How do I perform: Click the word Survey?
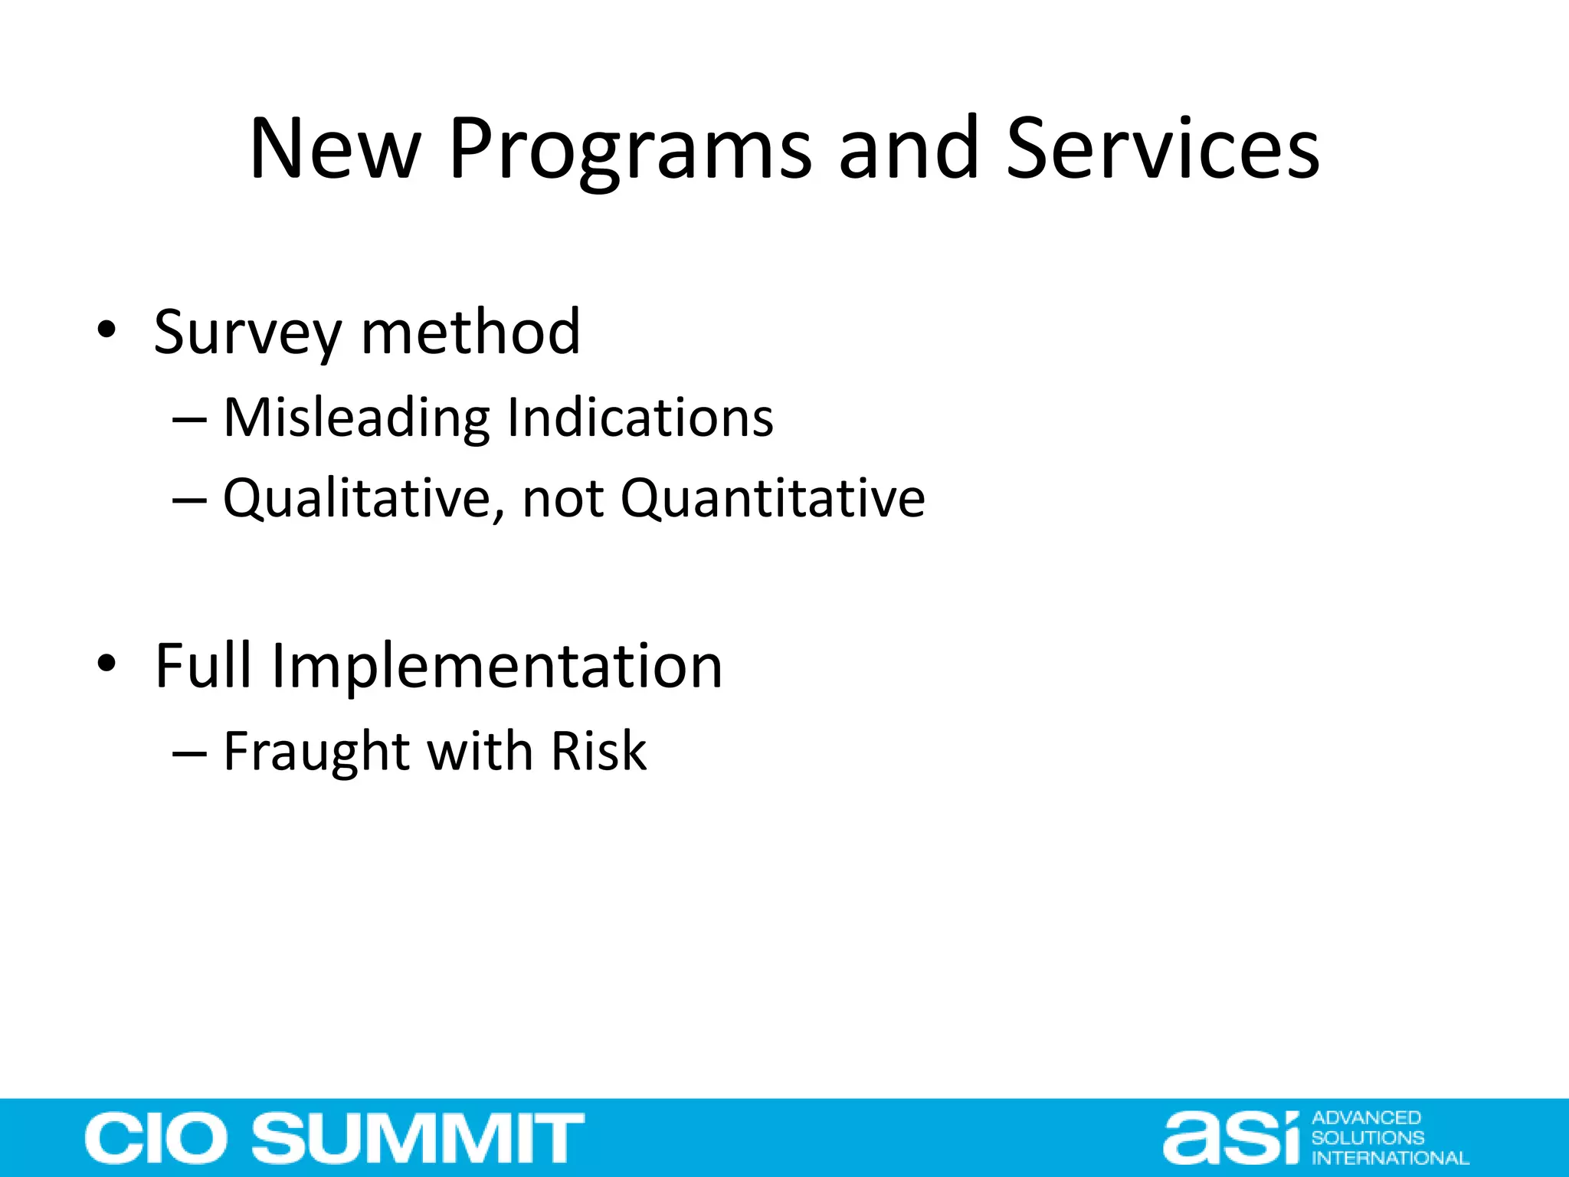point(247,333)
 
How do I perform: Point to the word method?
point(470,333)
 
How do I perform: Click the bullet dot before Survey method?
point(106,330)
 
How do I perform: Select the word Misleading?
point(355,418)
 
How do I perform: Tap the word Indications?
point(640,418)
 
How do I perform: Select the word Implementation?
point(496,667)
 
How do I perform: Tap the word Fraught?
point(316,752)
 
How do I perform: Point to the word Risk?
point(598,751)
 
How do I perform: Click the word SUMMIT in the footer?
point(418,1138)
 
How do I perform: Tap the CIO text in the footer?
point(161,1138)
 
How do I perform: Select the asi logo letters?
point(1231,1138)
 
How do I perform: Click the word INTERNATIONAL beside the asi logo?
point(1390,1158)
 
